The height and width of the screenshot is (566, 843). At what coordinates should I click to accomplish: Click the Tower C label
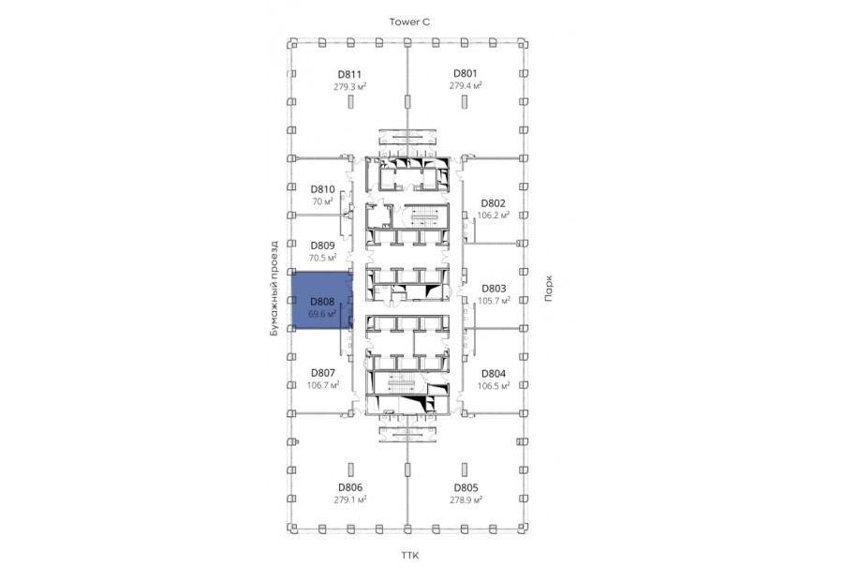click(x=409, y=22)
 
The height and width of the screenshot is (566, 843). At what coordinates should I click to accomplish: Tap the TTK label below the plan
click(x=409, y=556)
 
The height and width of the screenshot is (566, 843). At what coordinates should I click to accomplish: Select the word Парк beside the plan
click(x=548, y=289)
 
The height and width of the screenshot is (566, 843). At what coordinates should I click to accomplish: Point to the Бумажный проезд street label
click(x=274, y=289)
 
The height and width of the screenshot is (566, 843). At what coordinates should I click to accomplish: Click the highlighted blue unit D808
click(x=321, y=300)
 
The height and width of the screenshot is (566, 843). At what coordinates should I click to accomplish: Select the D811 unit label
click(x=349, y=75)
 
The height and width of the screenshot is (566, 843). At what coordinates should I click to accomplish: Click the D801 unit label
click(x=465, y=74)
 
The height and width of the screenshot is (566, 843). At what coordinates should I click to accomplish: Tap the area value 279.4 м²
click(x=465, y=85)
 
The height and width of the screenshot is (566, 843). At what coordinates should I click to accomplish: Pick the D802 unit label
click(x=493, y=203)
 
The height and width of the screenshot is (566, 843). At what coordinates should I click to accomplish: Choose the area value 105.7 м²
click(x=494, y=301)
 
